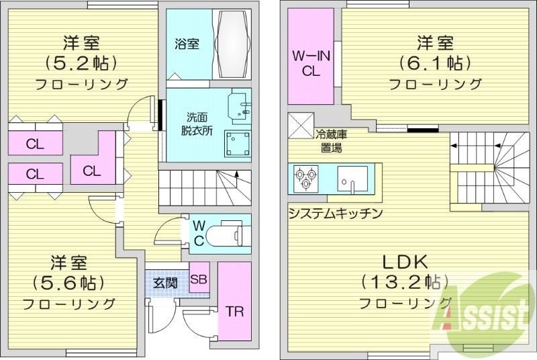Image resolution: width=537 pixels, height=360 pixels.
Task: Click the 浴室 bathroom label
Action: point(187,45)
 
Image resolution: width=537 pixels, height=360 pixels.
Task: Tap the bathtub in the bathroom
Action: point(232,41)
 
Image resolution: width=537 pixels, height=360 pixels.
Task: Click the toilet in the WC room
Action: point(226,235)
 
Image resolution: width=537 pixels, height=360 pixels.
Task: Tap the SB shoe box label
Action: point(199,279)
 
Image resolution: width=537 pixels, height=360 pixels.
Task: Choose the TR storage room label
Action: point(234,312)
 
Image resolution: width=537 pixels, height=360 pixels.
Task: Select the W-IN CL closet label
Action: point(311,63)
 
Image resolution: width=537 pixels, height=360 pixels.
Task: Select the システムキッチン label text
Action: point(336,214)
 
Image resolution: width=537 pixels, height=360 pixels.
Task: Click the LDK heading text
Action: point(405,261)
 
